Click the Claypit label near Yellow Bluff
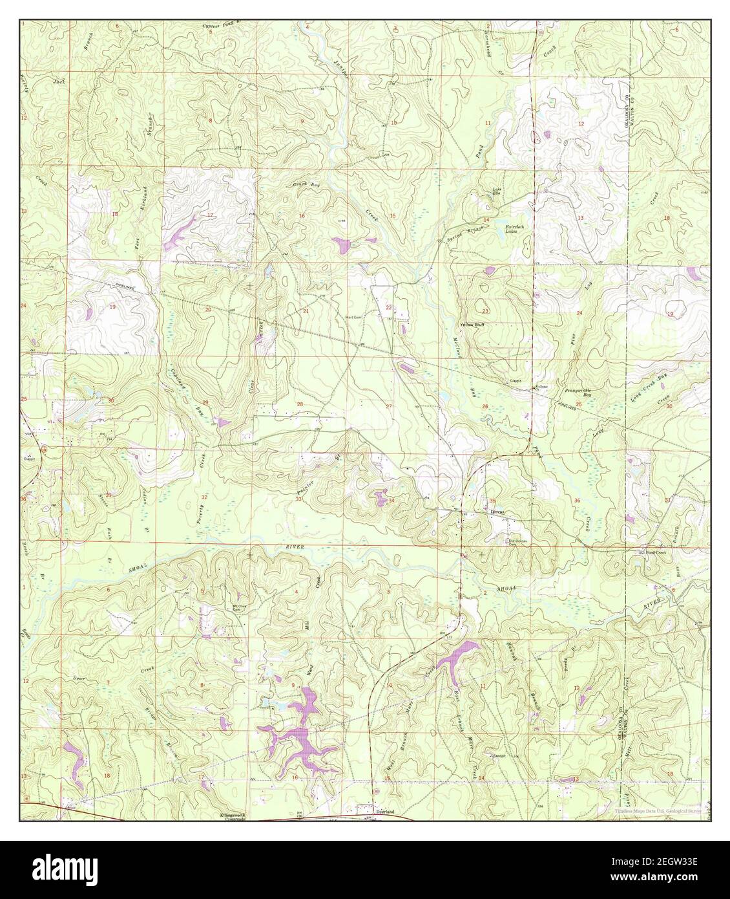click(514, 380)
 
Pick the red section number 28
click(299, 404)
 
